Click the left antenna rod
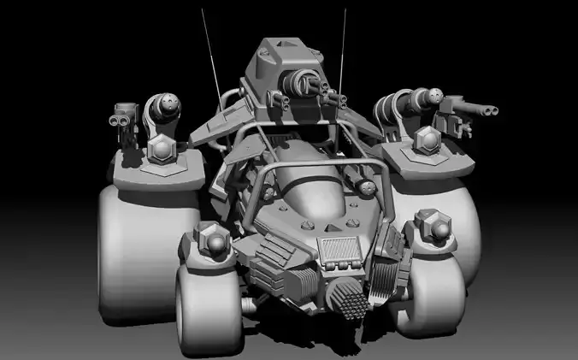[209, 51]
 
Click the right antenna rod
[344, 51]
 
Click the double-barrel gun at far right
[475, 109]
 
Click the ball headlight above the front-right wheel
[430, 227]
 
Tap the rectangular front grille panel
[339, 249]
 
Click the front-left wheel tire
[205, 304]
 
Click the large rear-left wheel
[133, 248]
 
